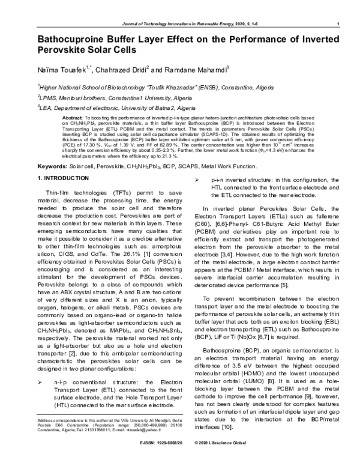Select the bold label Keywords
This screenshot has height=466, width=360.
coord(53,165)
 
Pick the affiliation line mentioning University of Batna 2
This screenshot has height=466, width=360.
coord(99,109)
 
